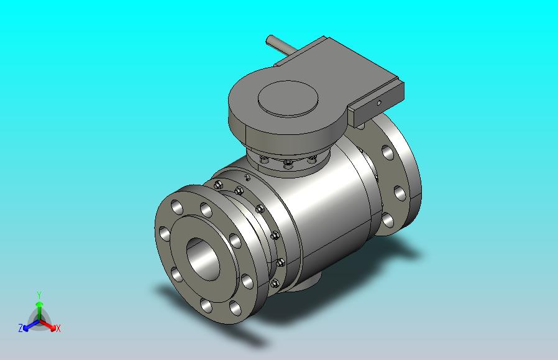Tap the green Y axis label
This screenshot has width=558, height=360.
click(x=39, y=295)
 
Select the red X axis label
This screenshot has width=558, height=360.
click(x=58, y=328)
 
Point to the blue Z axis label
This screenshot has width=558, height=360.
click(x=21, y=328)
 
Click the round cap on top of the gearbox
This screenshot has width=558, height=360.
click(x=288, y=98)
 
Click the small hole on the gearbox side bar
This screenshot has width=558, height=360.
click(x=379, y=103)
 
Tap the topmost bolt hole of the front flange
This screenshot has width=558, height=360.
click(x=206, y=210)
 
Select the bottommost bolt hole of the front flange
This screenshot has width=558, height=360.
click(x=206, y=305)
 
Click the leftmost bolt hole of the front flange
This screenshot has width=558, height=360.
click(x=165, y=234)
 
